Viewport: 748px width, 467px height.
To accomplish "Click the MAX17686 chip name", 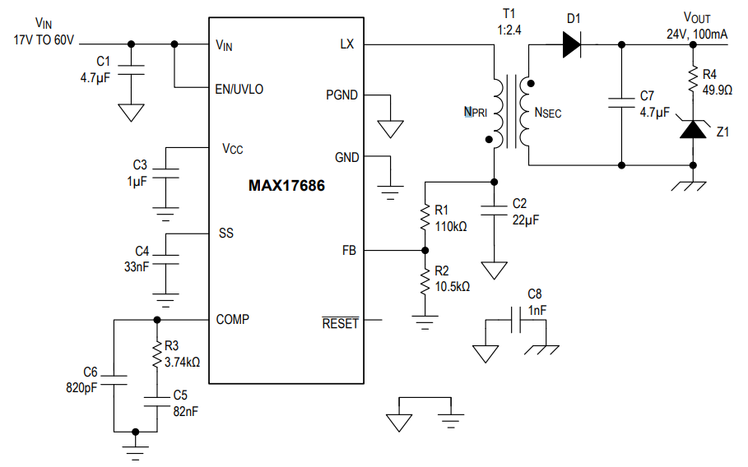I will pyautogui.click(x=286, y=186).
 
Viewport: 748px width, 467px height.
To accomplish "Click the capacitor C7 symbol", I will pyautogui.click(x=621, y=103).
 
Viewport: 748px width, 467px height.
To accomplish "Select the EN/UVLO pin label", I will pyautogui.click(x=239, y=89).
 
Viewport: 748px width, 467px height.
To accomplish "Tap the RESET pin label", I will pyautogui.click(x=340, y=323).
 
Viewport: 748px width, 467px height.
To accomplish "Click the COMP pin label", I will pyautogui.click(x=233, y=319).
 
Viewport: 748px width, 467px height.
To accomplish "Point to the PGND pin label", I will pyautogui.click(x=341, y=95).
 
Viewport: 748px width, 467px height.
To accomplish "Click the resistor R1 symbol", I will pyautogui.click(x=425, y=217).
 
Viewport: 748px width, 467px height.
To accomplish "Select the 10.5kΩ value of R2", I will pyautogui.click(x=453, y=286).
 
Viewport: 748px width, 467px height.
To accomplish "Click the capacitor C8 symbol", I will pyautogui.click(x=516, y=321).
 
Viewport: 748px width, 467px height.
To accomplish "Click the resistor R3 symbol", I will pyautogui.click(x=156, y=354).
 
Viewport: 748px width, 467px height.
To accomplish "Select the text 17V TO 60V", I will pyautogui.click(x=43, y=38).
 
